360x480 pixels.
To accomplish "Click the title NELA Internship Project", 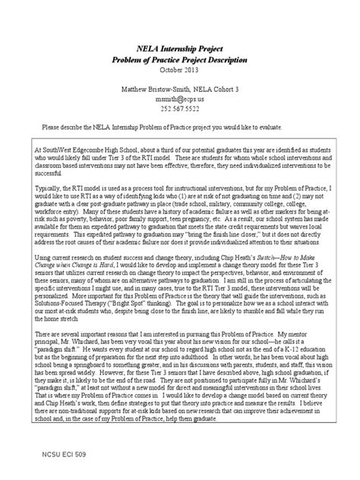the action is click(180, 46).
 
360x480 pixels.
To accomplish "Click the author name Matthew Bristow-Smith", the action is click(155, 89).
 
